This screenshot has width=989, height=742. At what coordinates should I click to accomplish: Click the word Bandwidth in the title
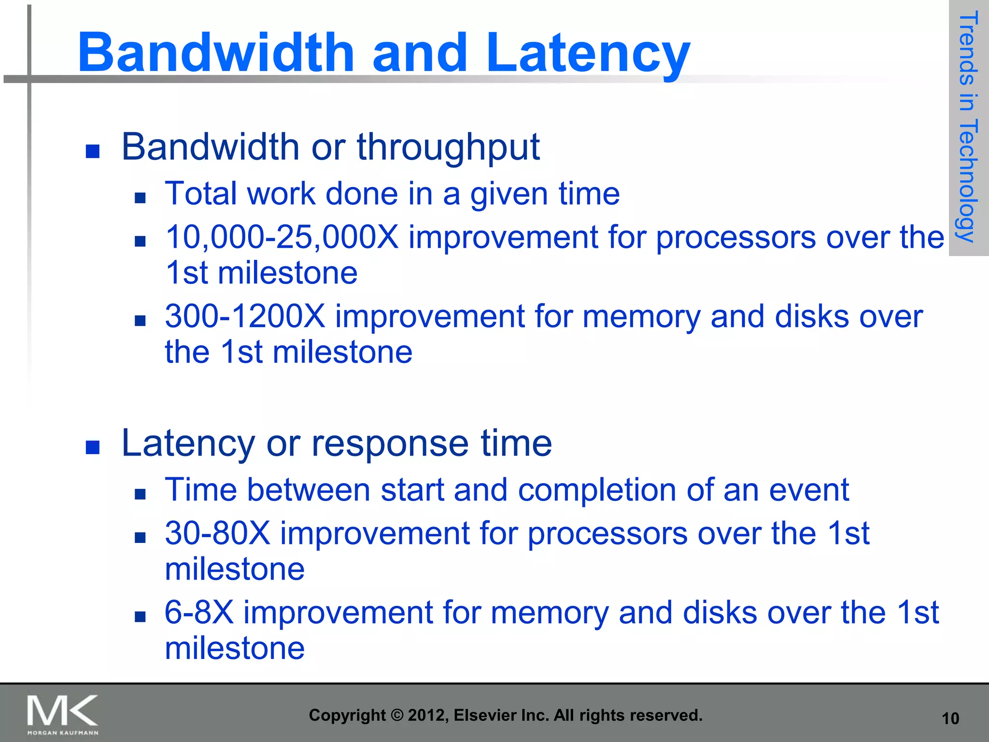coord(216,52)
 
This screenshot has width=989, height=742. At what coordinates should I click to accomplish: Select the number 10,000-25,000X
coord(282,238)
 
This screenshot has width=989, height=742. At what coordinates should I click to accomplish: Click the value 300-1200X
coord(245,317)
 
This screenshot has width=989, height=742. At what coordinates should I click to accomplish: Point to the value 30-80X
coord(217,533)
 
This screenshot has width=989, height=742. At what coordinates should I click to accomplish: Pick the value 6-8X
coord(199,613)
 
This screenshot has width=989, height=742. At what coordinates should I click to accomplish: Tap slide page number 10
coord(950,719)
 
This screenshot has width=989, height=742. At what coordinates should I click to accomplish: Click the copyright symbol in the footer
coord(396,715)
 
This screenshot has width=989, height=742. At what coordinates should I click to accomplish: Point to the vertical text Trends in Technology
coord(968,127)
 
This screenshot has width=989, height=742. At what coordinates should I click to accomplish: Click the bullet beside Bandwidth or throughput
coord(92,152)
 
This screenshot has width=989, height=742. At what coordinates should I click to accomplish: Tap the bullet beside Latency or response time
coord(92,447)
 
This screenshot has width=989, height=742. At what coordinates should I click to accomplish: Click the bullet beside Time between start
coord(140,494)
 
